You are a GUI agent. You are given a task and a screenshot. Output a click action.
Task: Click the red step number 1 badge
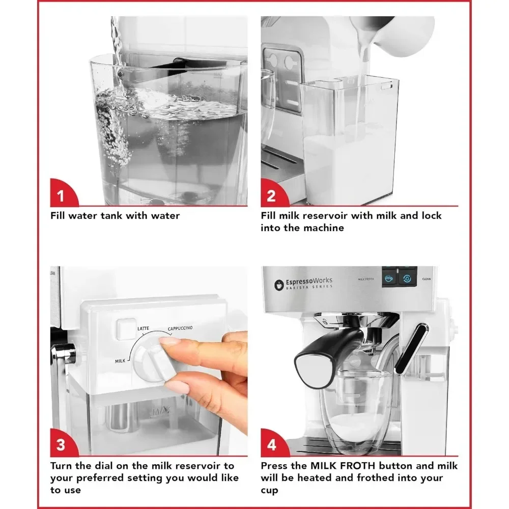[x=62, y=193]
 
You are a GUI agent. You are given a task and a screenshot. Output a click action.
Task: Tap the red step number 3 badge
[x=62, y=443]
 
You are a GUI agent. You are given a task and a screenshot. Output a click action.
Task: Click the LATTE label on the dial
[x=143, y=328]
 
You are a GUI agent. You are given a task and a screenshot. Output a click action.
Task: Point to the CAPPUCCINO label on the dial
[x=180, y=328]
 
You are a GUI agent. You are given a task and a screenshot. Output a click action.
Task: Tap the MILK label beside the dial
[x=120, y=361]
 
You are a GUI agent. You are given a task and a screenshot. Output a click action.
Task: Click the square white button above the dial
[x=126, y=329]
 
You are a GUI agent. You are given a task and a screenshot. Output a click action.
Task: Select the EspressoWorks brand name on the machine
[x=309, y=281]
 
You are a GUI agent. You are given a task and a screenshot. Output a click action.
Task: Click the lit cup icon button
[x=389, y=278]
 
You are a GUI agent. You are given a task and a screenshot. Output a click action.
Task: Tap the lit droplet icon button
[x=407, y=278]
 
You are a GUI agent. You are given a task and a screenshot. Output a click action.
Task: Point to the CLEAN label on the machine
[x=426, y=279]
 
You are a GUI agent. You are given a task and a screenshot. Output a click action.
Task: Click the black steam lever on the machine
[x=411, y=349]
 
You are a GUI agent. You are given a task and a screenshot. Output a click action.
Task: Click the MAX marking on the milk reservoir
[x=161, y=411]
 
